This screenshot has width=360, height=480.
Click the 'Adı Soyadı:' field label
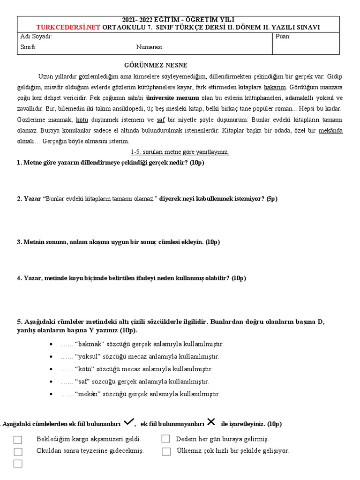(x=36, y=37)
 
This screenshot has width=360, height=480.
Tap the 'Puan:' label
(x=283, y=37)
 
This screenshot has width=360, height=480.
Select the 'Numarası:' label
(x=150, y=47)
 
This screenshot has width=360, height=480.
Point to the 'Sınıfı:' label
(x=28, y=47)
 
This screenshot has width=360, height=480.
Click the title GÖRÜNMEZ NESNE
(x=149, y=65)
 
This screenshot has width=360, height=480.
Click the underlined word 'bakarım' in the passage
(x=275, y=87)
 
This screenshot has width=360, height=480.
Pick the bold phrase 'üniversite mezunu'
(x=172, y=98)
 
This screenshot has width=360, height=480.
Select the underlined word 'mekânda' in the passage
(x=330, y=130)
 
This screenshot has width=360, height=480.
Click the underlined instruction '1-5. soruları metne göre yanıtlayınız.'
(x=180, y=152)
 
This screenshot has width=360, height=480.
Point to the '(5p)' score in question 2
(x=272, y=198)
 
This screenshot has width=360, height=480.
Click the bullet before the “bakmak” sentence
(x=51, y=344)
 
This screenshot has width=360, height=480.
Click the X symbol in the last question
(x=211, y=422)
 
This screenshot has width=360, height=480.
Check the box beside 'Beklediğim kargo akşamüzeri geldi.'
(x=18, y=440)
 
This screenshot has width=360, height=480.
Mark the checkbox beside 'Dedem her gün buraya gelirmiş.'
(x=165, y=439)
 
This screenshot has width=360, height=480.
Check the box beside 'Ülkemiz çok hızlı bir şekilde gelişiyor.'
(x=166, y=451)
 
